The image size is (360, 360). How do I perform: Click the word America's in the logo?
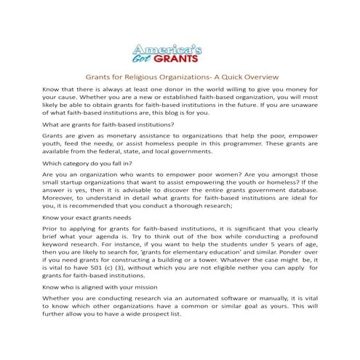pos(173,48)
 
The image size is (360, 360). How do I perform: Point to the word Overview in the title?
pos(255,77)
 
